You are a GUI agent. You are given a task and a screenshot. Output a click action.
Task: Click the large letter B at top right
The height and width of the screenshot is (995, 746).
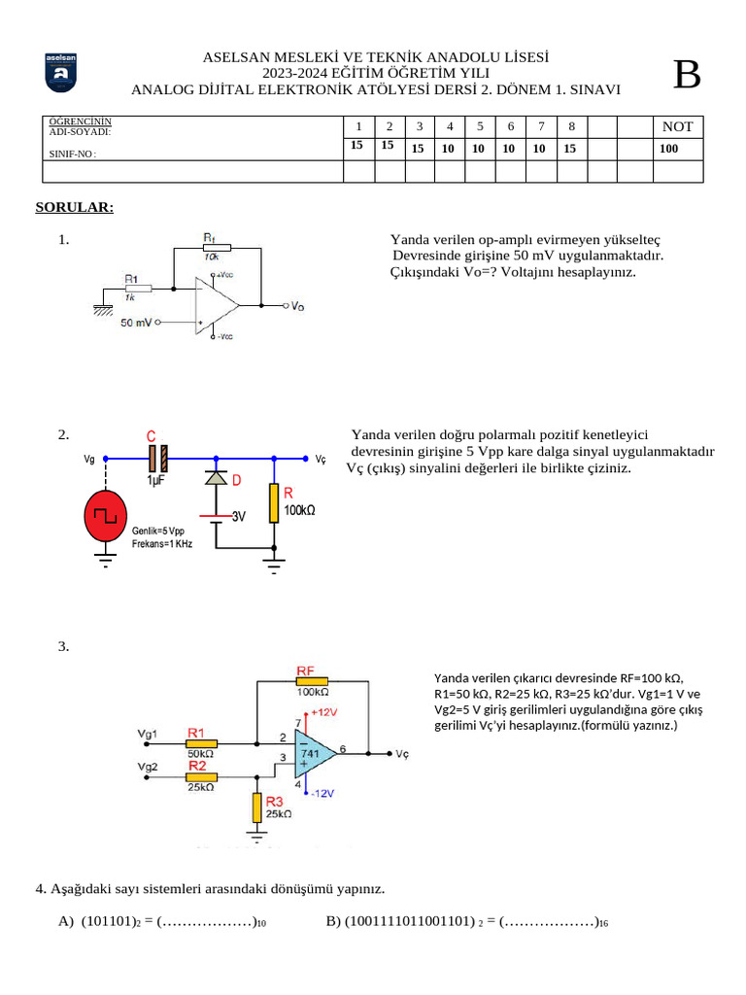(687, 75)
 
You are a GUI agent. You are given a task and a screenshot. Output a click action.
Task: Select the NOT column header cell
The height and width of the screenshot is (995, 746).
(677, 126)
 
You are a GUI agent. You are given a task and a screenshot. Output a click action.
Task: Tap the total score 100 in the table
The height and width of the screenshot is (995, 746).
(668, 149)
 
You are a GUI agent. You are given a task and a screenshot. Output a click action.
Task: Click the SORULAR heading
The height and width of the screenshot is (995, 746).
(75, 207)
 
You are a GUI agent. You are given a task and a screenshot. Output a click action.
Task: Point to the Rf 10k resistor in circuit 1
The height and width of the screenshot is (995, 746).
(216, 247)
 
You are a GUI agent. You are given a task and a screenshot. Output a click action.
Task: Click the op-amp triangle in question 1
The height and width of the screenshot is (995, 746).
(216, 305)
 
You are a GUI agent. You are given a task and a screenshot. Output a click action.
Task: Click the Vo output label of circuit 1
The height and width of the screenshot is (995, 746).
(298, 306)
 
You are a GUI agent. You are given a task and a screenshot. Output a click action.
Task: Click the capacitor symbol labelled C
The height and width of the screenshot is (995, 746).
(157, 458)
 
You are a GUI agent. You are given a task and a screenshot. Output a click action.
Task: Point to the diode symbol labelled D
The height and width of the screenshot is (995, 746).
(216, 478)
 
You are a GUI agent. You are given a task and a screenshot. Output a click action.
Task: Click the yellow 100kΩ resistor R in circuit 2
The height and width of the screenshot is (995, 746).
(275, 501)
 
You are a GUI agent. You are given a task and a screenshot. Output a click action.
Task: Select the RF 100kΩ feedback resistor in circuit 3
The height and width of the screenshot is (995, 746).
(313, 681)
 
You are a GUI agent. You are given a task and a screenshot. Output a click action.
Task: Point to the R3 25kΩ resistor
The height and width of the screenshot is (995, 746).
(256, 807)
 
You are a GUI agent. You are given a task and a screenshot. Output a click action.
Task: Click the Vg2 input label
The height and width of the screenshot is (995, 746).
(149, 768)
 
